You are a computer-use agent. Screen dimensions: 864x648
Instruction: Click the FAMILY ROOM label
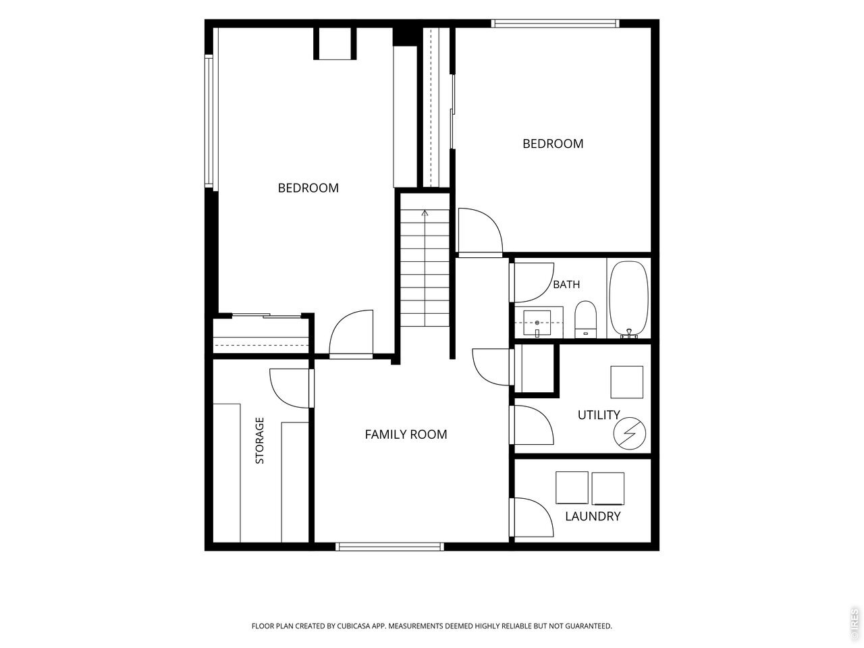point(406,434)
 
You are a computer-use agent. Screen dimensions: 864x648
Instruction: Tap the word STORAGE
point(259,441)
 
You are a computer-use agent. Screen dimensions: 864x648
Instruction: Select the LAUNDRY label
point(593,516)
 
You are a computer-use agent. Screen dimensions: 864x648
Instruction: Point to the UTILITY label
point(599,414)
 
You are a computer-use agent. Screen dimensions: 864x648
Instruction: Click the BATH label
point(566,284)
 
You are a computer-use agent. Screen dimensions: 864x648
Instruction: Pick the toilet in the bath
point(585,319)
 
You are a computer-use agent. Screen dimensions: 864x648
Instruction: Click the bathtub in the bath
point(628,299)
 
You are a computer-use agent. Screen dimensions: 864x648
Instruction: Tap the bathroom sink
point(537,323)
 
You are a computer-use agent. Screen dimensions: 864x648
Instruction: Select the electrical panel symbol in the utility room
point(630,433)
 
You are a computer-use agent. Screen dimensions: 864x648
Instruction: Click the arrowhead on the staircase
point(425,213)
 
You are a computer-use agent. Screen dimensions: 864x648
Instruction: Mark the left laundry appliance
point(572,488)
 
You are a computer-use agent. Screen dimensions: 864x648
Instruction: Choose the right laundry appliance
point(608,489)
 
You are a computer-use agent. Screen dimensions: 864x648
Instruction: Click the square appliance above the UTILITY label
point(626,382)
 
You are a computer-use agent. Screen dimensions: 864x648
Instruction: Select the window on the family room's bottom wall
point(389,547)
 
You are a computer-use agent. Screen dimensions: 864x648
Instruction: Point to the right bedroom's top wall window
point(555,23)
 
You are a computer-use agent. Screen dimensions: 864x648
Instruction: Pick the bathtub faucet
point(629,333)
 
